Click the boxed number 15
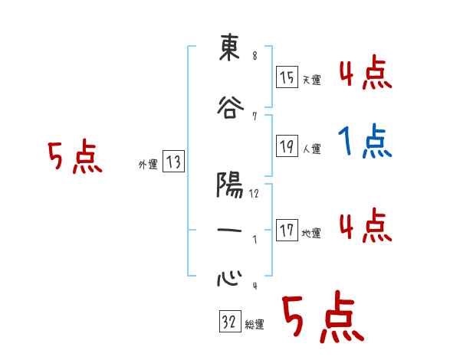pyautogui.click(x=287, y=77)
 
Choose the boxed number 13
pyautogui.click(x=174, y=162)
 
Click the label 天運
pyautogui.click(x=311, y=80)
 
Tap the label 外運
pyautogui.click(x=147, y=164)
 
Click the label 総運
pyautogui.click(x=254, y=325)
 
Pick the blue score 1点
pyautogui.click(x=364, y=141)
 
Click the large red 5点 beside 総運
pyautogui.click(x=323, y=316)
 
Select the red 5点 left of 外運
pyautogui.click(x=74, y=158)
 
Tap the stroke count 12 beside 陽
pyautogui.click(x=254, y=194)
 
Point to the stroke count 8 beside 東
pyautogui.click(x=254, y=55)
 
